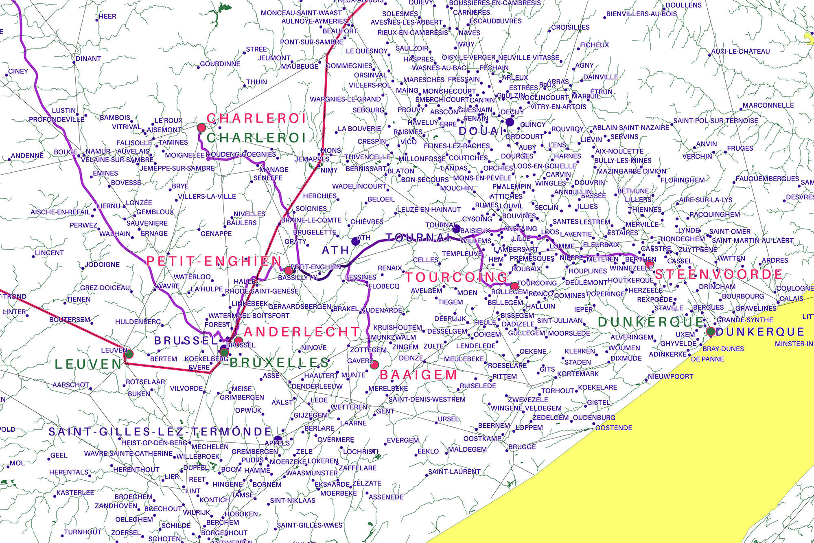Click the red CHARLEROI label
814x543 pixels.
click(256, 119)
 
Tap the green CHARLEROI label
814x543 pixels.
click(256, 138)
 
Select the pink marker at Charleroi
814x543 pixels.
click(201, 128)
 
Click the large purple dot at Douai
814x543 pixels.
click(510, 122)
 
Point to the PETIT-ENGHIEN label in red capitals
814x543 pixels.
click(214, 262)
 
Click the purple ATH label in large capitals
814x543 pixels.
click(335, 250)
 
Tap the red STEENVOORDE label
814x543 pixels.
click(719, 274)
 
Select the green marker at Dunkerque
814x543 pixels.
click(711, 332)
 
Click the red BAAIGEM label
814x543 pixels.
click(418, 375)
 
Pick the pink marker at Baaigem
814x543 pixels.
click(374, 365)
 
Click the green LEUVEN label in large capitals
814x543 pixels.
click(88, 364)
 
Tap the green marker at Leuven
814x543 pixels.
click(129, 354)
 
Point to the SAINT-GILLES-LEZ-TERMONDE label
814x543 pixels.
click(160, 432)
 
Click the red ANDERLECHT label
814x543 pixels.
click(302, 332)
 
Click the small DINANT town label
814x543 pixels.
click(88, 59)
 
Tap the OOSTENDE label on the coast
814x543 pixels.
click(614, 428)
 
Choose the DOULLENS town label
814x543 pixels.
click(684, 5)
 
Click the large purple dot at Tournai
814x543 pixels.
click(456, 229)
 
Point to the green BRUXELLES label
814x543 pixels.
click(279, 363)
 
